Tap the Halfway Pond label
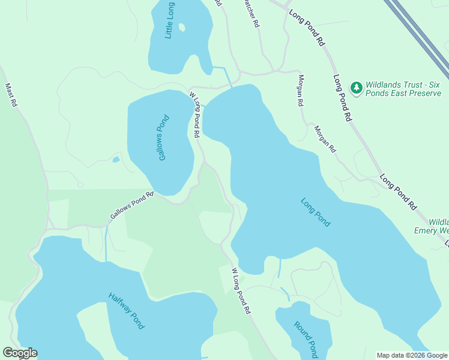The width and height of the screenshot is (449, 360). click(127, 310)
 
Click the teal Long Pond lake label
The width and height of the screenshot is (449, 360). click(315, 212)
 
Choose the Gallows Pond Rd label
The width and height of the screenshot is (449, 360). click(132, 205)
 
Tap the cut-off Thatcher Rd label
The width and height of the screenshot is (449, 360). click(251, 13)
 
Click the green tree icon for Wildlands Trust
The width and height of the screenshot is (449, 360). click(357, 88)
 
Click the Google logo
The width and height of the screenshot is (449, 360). click(20, 353)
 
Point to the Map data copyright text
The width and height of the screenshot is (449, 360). click(412, 355)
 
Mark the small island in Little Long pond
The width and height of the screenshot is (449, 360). click(182, 27)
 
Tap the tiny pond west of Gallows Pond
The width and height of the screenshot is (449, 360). click(116, 160)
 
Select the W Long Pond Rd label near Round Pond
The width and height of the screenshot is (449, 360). click(240, 292)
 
